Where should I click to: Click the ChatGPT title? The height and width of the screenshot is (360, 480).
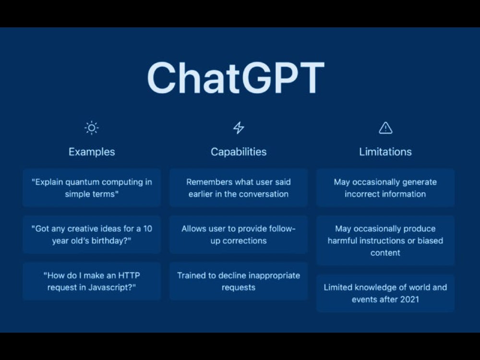coord(236,78)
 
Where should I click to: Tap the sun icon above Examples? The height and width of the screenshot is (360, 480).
coord(91,128)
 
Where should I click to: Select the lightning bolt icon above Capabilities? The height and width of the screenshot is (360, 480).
coord(239,128)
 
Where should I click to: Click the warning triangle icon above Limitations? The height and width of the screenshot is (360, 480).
coord(385,128)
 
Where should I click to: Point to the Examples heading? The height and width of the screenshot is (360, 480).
coord(92,152)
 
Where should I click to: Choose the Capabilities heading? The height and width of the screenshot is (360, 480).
coord(239,152)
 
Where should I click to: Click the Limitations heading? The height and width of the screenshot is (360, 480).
coord(385,152)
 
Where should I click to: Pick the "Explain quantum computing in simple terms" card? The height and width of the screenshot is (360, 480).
coord(92,188)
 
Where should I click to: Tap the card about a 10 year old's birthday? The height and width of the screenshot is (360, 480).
coord(92,235)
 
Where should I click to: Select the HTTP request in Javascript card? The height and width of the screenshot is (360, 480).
coord(92,281)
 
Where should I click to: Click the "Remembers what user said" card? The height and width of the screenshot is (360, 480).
coord(239,188)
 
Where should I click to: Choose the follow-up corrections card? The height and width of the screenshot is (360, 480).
coord(239,235)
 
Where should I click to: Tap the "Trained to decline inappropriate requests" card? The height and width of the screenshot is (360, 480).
coord(239,281)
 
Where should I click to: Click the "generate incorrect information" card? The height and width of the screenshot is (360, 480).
coord(385,188)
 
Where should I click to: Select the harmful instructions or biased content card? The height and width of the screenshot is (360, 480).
coord(385,240)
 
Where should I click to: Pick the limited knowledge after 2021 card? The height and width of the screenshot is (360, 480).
coord(385,293)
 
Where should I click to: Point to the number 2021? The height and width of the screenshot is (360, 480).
coord(408,300)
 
